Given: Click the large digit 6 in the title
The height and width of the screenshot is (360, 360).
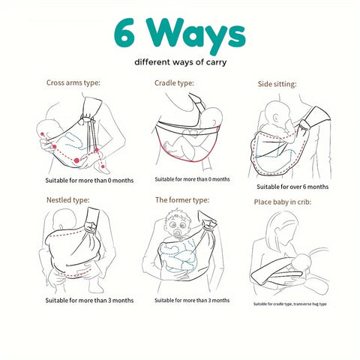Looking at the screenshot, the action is pos(124,34).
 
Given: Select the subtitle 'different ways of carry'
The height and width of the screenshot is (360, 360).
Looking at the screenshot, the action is pos(181,62).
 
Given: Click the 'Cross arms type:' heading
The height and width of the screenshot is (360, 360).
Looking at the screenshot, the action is pos(73,82).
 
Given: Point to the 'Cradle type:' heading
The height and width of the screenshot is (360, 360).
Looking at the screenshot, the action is pos(174,83).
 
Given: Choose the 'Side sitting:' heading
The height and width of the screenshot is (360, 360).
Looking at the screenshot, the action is pos(277,84).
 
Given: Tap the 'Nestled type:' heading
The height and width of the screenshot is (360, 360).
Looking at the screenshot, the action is pos(68,200).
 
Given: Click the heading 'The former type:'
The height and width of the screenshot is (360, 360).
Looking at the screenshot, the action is pos(182,200).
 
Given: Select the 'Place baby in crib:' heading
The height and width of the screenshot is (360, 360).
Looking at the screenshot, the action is pos(283,202).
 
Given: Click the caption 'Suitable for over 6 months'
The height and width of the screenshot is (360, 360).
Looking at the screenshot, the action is pos(292,187).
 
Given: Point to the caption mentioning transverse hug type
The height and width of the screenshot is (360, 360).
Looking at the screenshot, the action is pos(290,304).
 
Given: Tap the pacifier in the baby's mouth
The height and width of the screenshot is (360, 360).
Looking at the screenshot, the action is pos(178,235).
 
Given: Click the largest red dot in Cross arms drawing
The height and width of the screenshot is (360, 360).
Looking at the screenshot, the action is pos(76,160).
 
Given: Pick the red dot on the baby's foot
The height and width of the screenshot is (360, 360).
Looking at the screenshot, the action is pos(103,166).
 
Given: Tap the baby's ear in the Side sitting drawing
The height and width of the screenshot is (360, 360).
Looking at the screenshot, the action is pos(276,118).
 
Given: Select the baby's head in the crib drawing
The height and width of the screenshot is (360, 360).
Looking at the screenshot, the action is pos(302,262).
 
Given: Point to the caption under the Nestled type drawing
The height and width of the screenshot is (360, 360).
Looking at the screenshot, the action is pos(89,300).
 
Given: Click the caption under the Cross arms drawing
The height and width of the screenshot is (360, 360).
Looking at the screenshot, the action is pos(89,181).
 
